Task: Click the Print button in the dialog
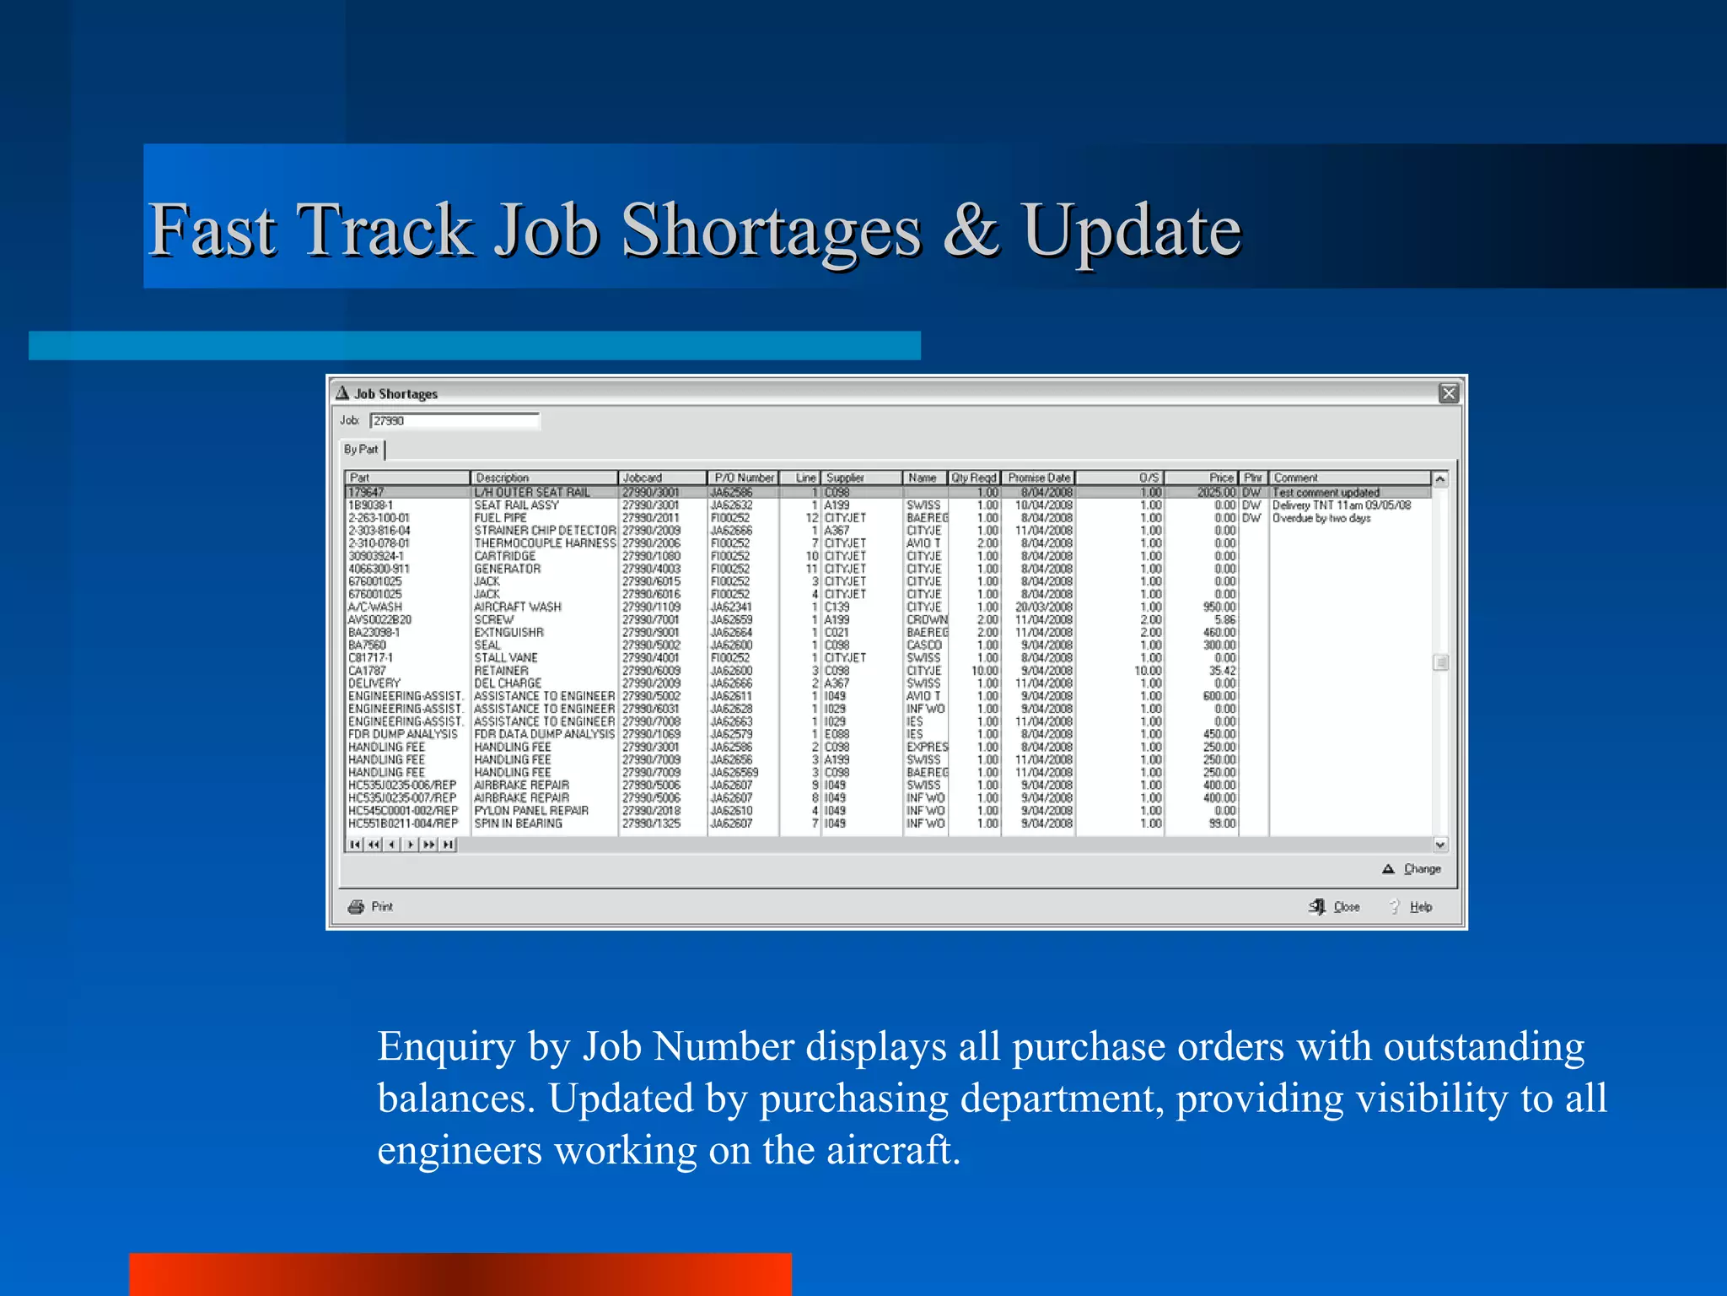point(372,907)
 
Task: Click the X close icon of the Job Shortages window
point(1448,393)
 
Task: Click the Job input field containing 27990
point(454,421)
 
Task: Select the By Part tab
point(361,450)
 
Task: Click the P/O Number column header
point(743,478)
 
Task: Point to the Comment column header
point(1349,478)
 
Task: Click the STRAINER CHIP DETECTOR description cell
point(544,531)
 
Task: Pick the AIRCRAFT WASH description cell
point(517,607)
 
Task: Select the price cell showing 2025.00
point(1215,493)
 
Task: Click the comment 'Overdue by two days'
point(1321,518)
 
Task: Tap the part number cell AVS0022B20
point(379,620)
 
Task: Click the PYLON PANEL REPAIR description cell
point(530,811)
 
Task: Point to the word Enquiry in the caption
point(445,1047)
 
